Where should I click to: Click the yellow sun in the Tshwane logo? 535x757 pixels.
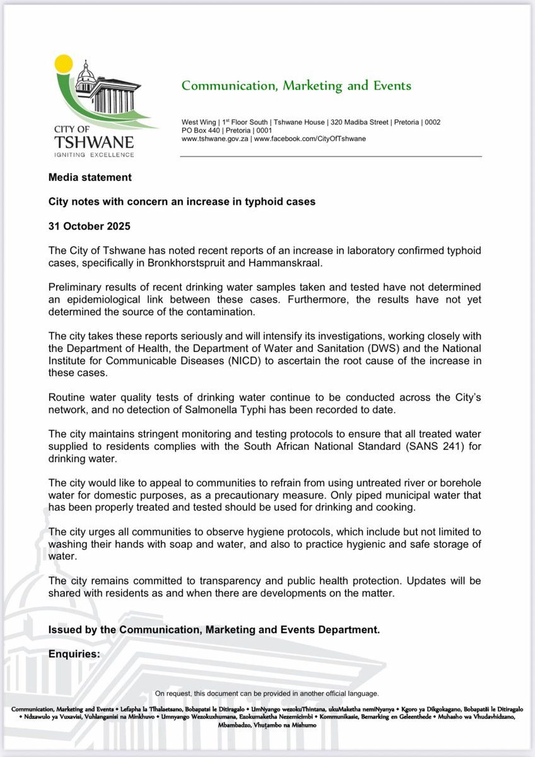pyautogui.click(x=63, y=63)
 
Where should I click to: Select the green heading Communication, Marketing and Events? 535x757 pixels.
pyautogui.click(x=296, y=86)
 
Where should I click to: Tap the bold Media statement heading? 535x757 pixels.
pyautogui.click(x=90, y=177)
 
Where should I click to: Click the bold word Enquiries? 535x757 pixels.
pyautogui.click(x=74, y=654)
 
